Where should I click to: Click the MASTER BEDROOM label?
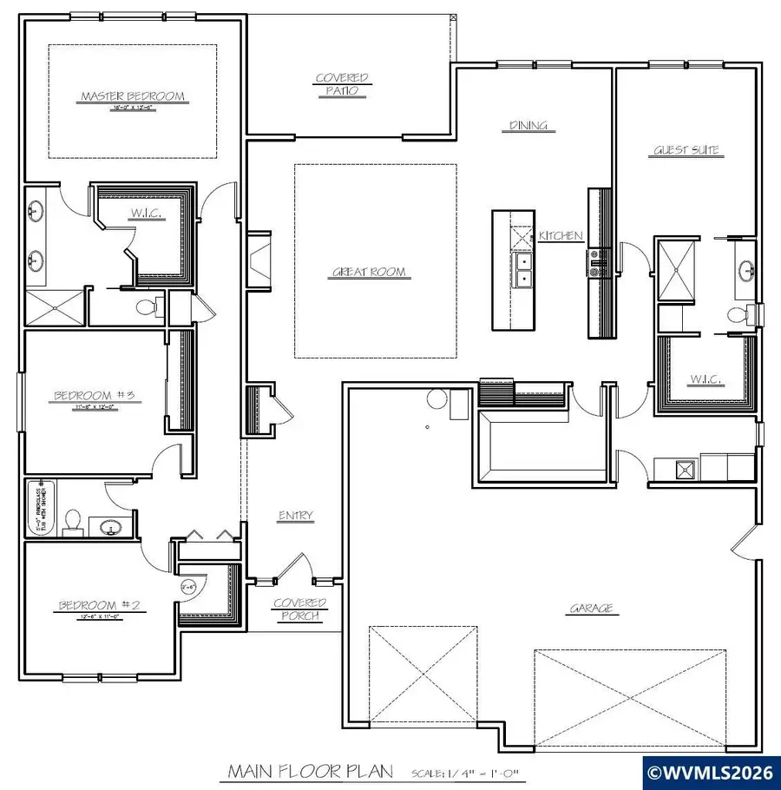(133, 96)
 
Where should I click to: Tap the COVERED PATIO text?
(341, 84)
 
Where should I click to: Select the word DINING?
(528, 126)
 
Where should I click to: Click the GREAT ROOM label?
(369, 273)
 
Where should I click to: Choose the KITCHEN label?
(560, 236)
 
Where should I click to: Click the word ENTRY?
(295, 516)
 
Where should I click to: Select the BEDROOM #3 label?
(90, 397)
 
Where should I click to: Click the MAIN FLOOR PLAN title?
(310, 771)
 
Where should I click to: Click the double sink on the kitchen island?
(523, 270)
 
